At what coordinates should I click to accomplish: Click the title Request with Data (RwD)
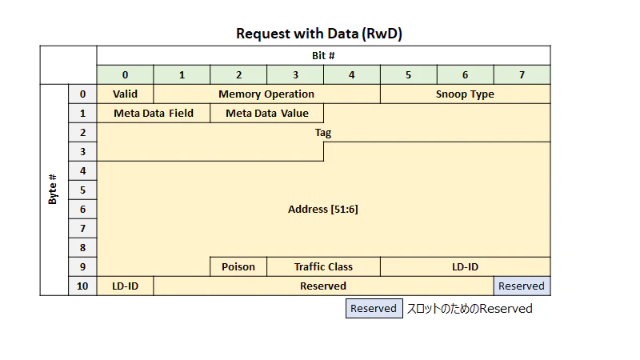tap(318, 34)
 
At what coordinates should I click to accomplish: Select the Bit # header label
tap(323, 55)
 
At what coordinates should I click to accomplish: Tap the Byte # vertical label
tap(53, 190)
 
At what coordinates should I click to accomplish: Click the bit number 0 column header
tap(125, 74)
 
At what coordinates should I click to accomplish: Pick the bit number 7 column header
tap(522, 74)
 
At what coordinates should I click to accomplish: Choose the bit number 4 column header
tap(352, 74)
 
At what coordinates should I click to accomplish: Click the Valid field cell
tap(125, 94)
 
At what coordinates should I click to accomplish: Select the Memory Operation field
tap(266, 94)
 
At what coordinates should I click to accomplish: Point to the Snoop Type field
tap(466, 94)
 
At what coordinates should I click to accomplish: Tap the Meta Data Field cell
tap(154, 113)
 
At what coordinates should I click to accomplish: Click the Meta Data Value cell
tap(267, 113)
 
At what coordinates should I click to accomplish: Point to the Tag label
tap(323, 133)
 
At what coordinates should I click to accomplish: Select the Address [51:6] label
tap(323, 209)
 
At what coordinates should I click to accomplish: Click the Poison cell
tap(238, 266)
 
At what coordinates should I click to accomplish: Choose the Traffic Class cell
tap(323, 266)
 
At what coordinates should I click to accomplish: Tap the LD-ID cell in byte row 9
tap(466, 266)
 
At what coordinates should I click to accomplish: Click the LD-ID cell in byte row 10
tap(125, 286)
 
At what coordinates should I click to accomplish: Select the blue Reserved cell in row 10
tap(522, 286)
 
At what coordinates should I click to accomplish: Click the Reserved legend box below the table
tap(374, 308)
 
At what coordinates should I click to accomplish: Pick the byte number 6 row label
tap(83, 209)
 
